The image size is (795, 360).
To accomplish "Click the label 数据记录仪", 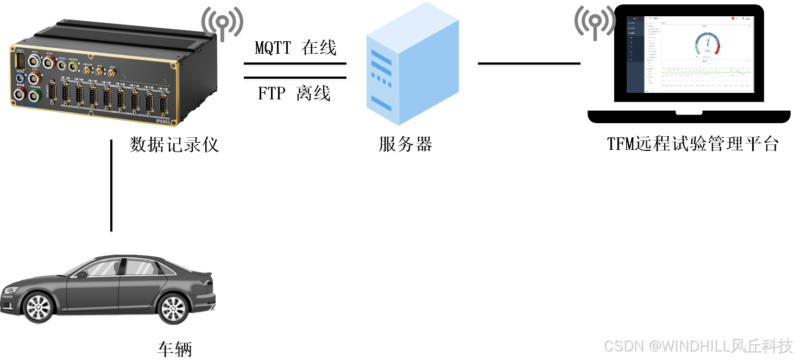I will click(x=174, y=144).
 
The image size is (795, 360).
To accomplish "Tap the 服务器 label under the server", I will click(x=406, y=144).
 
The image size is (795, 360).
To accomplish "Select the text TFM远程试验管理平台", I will click(x=693, y=144).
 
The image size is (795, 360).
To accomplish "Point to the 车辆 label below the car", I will click(x=174, y=349).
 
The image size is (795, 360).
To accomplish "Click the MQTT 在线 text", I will click(x=296, y=48).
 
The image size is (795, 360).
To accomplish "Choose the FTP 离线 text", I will click(x=294, y=93).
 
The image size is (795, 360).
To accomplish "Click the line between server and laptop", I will click(x=529, y=64).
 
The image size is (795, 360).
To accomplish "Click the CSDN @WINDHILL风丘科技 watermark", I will click(x=698, y=346).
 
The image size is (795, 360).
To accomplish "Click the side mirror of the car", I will click(x=82, y=274).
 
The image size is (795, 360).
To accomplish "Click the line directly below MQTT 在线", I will click(x=295, y=64).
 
